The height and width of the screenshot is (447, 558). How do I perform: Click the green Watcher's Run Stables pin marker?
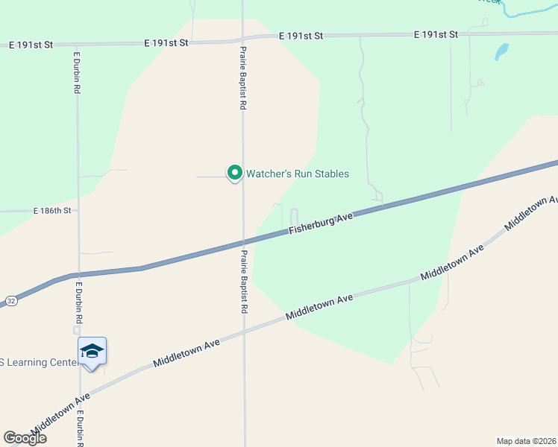(234, 173)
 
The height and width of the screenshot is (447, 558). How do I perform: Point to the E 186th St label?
(51, 211)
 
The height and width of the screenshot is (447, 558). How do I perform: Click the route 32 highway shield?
(10, 300)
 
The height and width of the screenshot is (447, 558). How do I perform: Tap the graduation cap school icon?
(92, 351)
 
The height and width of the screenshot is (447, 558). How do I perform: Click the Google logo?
(25, 437)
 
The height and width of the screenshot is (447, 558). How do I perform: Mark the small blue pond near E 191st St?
(501, 51)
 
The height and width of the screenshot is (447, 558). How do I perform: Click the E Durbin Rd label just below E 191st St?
(77, 72)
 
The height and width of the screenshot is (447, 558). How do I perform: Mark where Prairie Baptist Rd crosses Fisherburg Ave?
(243, 242)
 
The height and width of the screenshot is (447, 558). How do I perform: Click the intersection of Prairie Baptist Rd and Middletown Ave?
(244, 332)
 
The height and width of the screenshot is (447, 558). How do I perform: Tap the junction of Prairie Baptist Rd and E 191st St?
(242, 38)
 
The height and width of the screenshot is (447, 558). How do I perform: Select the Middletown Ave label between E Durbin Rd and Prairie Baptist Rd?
(186, 352)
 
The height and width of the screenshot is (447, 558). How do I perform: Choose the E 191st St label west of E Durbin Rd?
(31, 45)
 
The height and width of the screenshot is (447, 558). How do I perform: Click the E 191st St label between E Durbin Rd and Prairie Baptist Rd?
(166, 43)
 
